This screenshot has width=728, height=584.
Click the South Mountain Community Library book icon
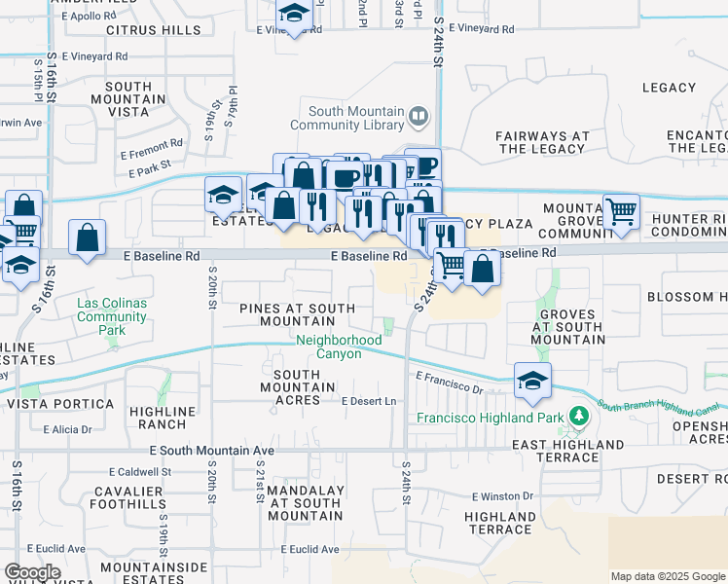pos(419,117)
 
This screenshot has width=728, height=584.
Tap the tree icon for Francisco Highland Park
pos(580,418)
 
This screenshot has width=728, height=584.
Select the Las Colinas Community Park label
pos(112,316)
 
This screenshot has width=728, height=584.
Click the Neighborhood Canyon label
pos(329,347)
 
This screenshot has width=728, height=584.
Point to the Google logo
pos(32,571)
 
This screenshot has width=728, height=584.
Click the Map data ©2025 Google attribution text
pos(667,576)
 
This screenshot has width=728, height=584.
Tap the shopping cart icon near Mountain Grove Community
pos(621,210)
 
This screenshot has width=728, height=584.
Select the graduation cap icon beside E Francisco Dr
pos(532,382)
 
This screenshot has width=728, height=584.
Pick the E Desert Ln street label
pos(369,401)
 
